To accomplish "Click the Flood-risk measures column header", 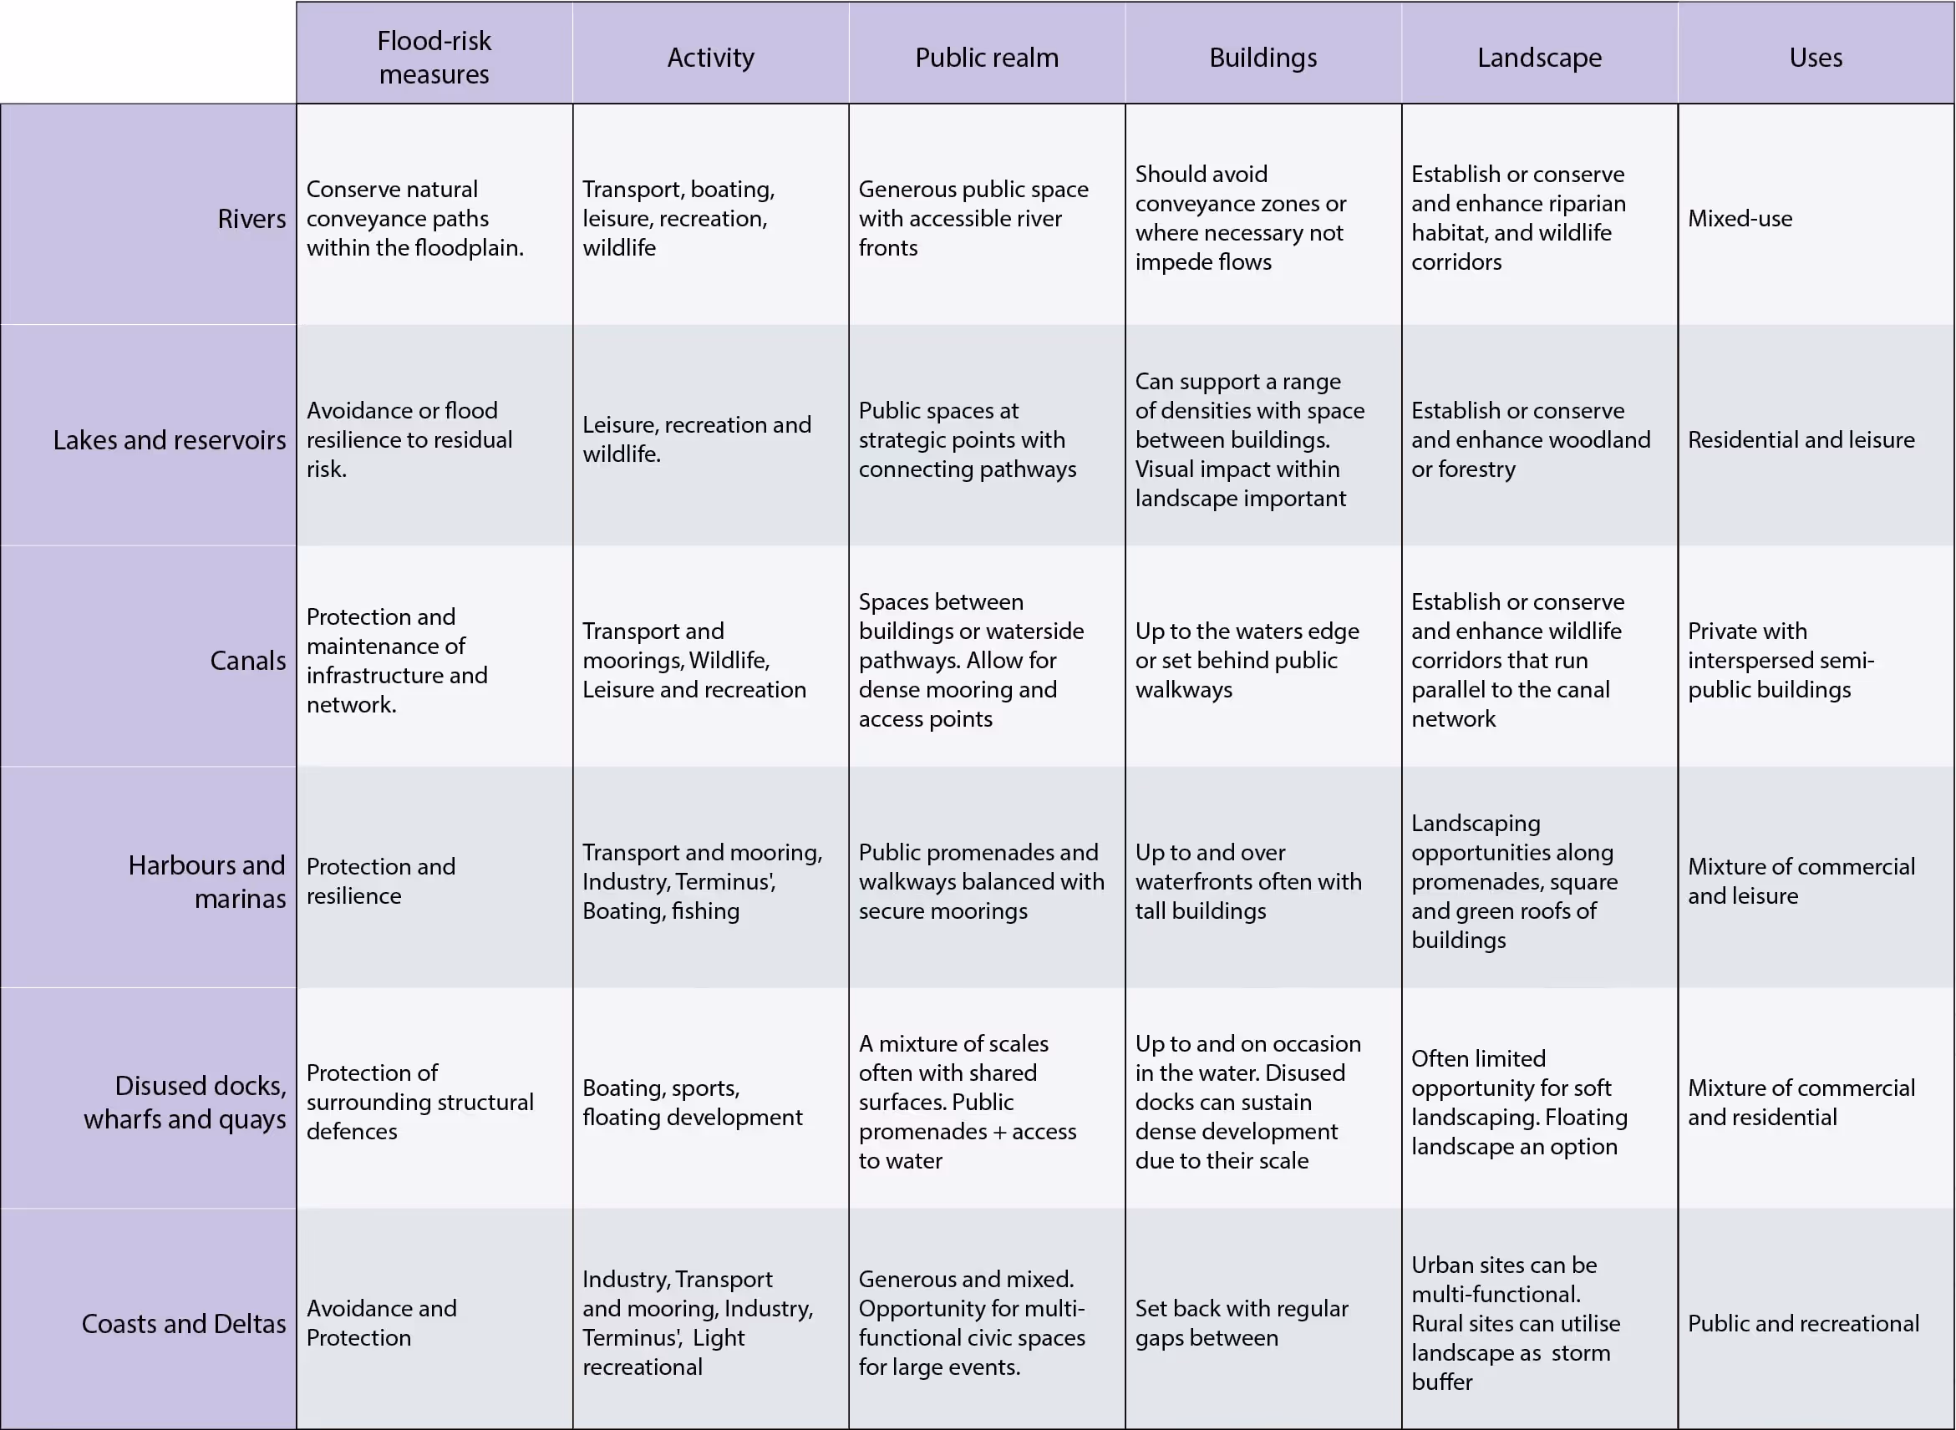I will tap(434, 57).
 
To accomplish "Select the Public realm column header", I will tap(986, 57).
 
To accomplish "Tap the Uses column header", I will tap(1815, 57).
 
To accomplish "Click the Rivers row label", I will tap(251, 219).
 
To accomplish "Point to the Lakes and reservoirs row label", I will tap(169, 439).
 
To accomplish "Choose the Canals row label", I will tap(247, 661).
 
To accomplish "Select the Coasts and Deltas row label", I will tap(184, 1324).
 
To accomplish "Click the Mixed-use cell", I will tap(1740, 218).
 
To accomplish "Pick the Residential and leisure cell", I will tap(1801, 439).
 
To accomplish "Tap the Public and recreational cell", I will tap(1803, 1324).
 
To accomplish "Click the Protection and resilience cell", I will tap(381, 881).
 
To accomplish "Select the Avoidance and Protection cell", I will tap(382, 1322).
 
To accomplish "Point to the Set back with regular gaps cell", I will tap(1242, 1322).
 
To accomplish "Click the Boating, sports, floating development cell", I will tap(692, 1102).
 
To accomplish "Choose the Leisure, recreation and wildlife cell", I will tap(696, 439).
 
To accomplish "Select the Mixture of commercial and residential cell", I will tap(1801, 1102).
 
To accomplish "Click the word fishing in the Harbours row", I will tap(706, 910).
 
